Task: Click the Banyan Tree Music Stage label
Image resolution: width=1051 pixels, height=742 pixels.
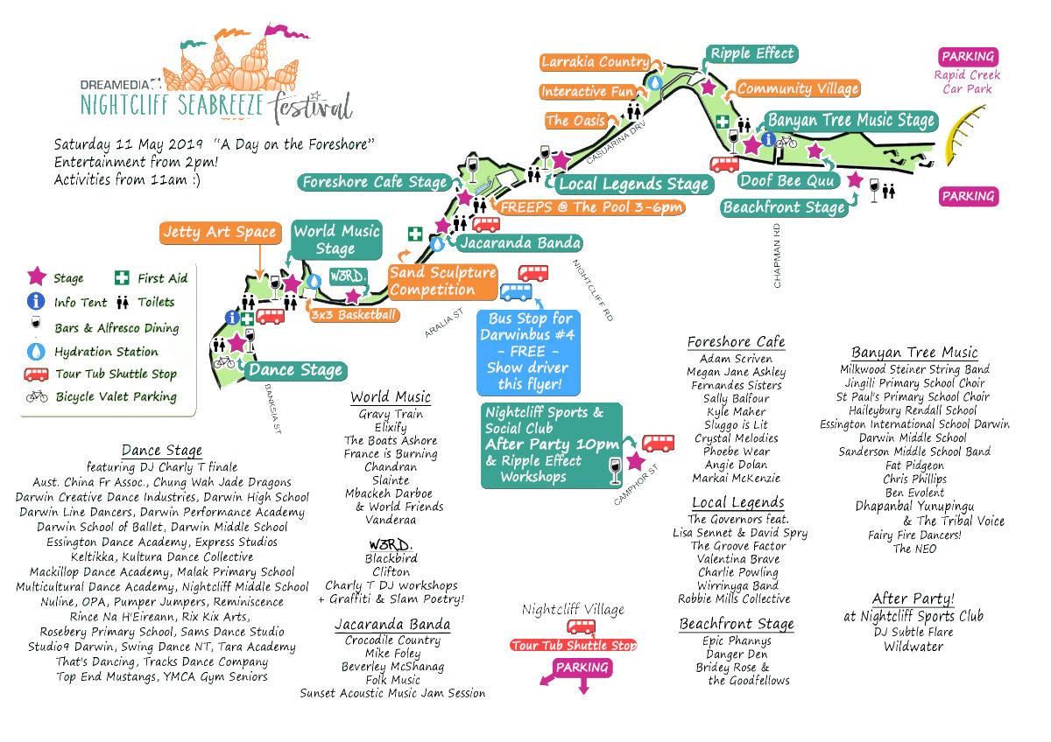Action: (x=851, y=121)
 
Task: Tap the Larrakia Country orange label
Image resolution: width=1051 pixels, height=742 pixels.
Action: (x=595, y=62)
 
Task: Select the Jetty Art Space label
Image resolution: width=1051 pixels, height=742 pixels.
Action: (x=220, y=233)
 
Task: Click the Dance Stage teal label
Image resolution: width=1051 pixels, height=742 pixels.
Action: (x=295, y=370)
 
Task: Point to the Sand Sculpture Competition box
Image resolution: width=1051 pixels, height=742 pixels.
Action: (x=442, y=281)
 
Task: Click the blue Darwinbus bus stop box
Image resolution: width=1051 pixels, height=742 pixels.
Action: (x=527, y=351)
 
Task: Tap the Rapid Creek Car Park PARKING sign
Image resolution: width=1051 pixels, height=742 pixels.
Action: (x=967, y=57)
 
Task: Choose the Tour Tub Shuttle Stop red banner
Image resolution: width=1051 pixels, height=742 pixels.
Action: (x=574, y=646)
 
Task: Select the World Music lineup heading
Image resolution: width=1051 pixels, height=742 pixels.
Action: (x=391, y=397)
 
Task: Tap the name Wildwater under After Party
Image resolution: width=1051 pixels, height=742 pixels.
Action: (x=913, y=647)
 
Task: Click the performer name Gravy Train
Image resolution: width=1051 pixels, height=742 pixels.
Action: (x=391, y=414)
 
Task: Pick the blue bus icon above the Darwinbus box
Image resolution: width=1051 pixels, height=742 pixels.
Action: (x=516, y=291)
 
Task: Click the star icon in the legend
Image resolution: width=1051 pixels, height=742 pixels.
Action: (x=36, y=277)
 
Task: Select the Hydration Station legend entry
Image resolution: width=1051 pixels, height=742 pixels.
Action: (x=105, y=352)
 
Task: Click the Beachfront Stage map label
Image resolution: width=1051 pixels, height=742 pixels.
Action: (x=784, y=207)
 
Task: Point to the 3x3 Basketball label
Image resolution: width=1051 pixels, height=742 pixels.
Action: (x=354, y=315)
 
